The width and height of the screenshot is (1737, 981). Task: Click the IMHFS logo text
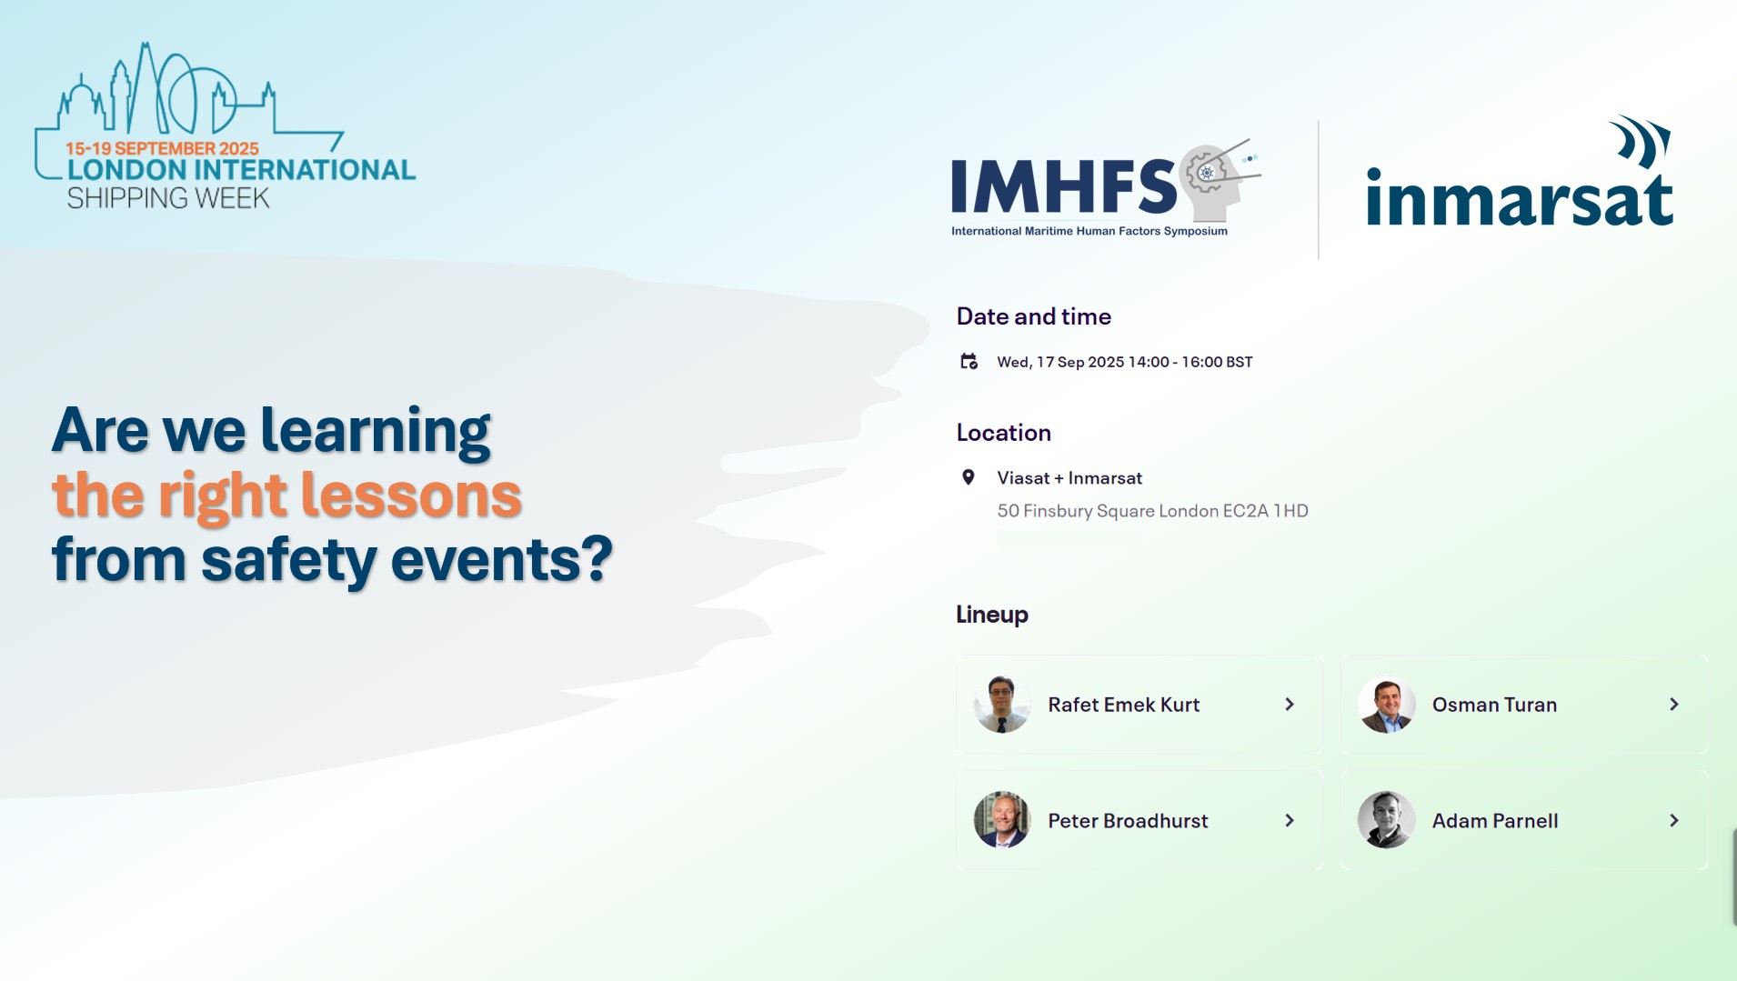1064,186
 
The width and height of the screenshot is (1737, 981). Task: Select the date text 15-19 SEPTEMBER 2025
162,148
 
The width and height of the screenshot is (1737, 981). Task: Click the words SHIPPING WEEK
168,198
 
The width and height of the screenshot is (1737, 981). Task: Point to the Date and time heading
1034,316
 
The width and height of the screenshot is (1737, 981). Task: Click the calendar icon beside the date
969,362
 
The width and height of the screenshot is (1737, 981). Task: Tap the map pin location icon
969,477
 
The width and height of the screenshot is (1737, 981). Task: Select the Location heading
1004,433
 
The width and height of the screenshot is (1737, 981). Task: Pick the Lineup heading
992,615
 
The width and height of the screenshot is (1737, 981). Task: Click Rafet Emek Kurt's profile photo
1002,705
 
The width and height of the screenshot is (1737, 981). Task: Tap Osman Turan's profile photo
1387,705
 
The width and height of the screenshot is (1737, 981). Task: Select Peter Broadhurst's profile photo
1002,820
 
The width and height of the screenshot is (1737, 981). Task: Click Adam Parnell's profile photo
1387,820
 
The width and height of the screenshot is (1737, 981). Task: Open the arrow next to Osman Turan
1674,705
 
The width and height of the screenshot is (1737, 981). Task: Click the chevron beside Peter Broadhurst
1290,820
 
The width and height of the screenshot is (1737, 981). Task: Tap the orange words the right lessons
286,496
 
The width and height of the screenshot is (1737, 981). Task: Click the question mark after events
596,558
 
